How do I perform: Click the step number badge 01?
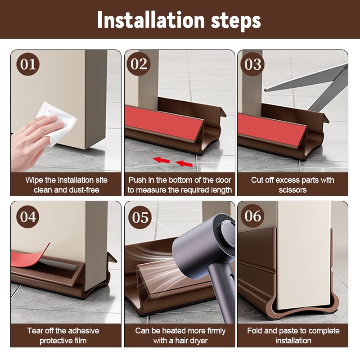coord(28,64)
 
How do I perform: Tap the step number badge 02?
coord(139,64)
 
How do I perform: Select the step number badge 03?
coord(252,64)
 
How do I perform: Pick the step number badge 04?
coord(28,216)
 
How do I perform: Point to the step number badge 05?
coord(140,217)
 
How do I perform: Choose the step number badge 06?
coord(252,216)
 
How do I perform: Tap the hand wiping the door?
coord(32,142)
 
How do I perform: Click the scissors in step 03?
coord(321,87)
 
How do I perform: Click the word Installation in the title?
coord(151,20)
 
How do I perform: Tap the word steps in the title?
coord(236,22)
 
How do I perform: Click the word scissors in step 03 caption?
coord(293,190)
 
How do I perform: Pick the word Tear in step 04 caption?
coord(35,331)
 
